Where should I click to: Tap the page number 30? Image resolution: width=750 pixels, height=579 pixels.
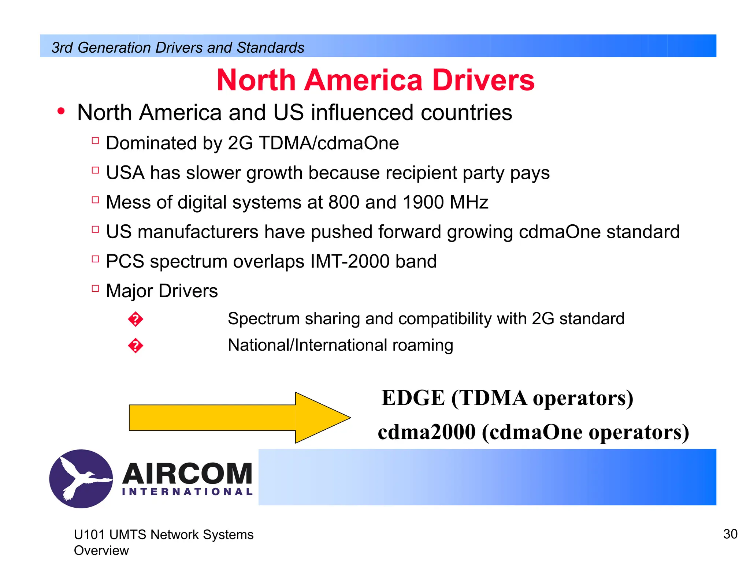730,534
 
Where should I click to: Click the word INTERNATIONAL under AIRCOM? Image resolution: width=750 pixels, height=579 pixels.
187,492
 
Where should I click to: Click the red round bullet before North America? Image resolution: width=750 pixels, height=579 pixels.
61,111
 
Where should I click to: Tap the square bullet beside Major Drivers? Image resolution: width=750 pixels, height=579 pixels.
96,288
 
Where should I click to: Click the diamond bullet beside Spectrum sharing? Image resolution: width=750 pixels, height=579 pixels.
135,319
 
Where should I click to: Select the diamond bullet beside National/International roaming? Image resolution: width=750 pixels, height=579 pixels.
135,345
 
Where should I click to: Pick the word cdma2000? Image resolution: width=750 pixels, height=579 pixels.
426,432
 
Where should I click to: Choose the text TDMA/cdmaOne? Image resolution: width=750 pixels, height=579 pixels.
328,143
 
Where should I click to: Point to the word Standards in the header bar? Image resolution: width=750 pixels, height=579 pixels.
270,48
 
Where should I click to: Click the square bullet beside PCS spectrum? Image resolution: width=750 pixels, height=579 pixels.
96,259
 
